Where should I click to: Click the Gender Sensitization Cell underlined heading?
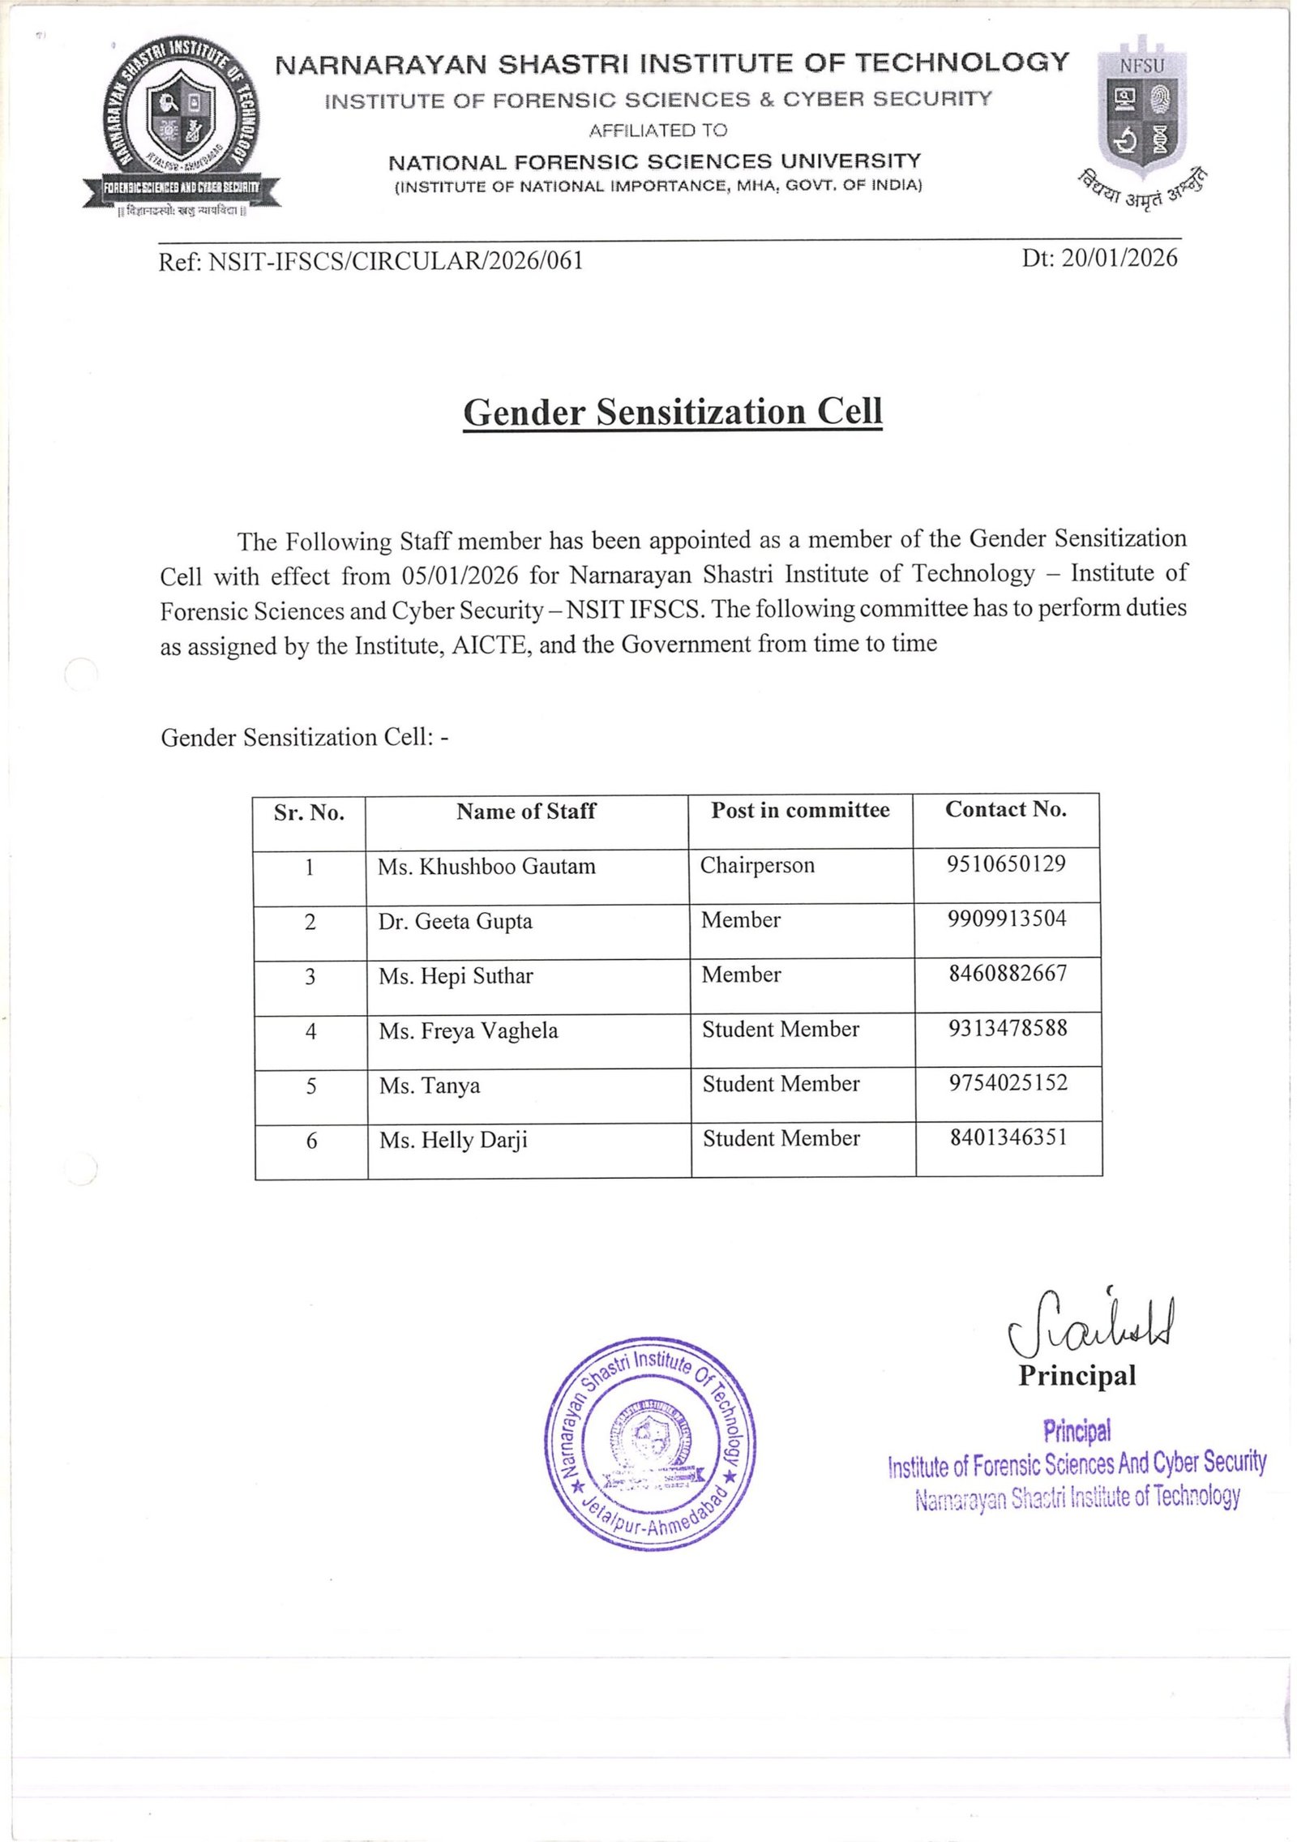672,412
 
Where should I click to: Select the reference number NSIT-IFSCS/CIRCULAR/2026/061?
396,261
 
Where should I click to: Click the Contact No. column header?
1005,809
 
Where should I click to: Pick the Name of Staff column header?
526,811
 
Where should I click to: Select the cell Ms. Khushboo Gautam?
486,867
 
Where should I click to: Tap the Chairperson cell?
757,865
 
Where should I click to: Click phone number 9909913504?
1007,919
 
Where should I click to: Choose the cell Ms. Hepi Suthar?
456,976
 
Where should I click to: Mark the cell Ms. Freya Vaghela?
469,1031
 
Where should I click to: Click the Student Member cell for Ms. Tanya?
781,1084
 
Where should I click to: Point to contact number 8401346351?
1008,1137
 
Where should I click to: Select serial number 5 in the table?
311,1086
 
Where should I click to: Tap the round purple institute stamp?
649,1444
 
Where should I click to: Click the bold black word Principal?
1077,1376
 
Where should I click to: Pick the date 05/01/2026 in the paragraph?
459,576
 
